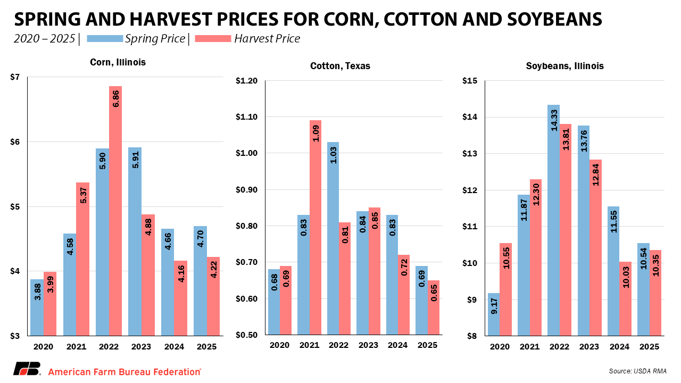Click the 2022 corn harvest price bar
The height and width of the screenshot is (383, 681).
click(x=115, y=213)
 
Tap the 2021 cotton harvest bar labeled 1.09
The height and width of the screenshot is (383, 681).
click(x=315, y=229)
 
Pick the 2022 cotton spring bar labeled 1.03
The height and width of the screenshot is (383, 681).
click(x=333, y=239)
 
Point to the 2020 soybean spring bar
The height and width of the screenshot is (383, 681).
click(x=494, y=314)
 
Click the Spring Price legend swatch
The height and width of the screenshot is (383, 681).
click(x=104, y=39)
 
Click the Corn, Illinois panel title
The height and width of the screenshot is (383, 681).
click(x=118, y=62)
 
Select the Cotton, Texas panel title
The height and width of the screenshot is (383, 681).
click(x=340, y=66)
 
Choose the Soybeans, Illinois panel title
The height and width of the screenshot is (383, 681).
click(x=564, y=66)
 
